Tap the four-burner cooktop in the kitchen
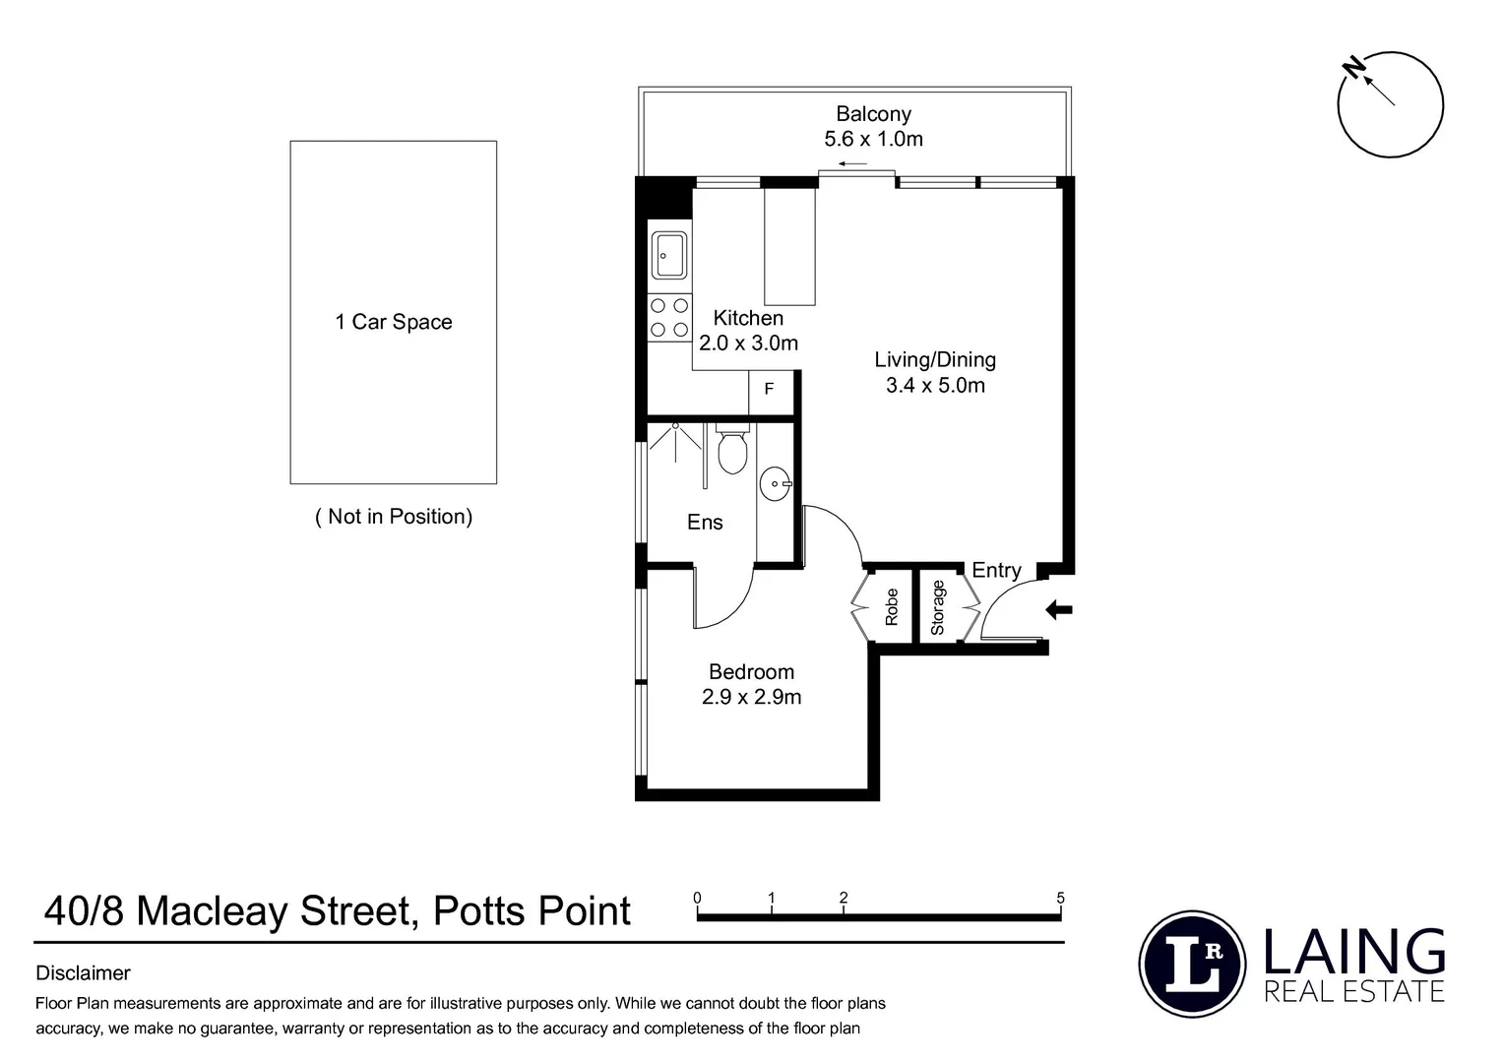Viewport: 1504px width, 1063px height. pos(668,318)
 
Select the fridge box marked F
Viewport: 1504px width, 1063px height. pos(770,391)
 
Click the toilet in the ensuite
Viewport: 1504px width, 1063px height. pos(731,451)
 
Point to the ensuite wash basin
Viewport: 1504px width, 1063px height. pos(776,483)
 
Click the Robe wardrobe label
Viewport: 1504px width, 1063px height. pos(892,607)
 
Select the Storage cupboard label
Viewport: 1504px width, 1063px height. pos(937,607)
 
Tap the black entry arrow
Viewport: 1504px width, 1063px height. pos(1058,610)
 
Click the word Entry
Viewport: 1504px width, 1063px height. pos(996,570)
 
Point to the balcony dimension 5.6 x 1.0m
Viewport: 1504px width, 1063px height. pos(873,139)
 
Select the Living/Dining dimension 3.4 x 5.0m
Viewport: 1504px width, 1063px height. pos(935,385)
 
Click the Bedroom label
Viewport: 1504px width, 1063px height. pos(751,672)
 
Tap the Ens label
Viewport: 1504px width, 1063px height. pos(705,523)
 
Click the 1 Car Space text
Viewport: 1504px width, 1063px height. pos(393,322)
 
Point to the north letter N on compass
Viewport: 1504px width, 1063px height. pos(1355,68)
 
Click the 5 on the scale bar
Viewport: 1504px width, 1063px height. pos(1060,898)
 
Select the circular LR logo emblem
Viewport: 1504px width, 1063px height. pos(1192,964)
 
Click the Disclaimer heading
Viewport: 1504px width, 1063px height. pos(83,973)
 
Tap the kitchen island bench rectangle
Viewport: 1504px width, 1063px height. pos(790,246)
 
